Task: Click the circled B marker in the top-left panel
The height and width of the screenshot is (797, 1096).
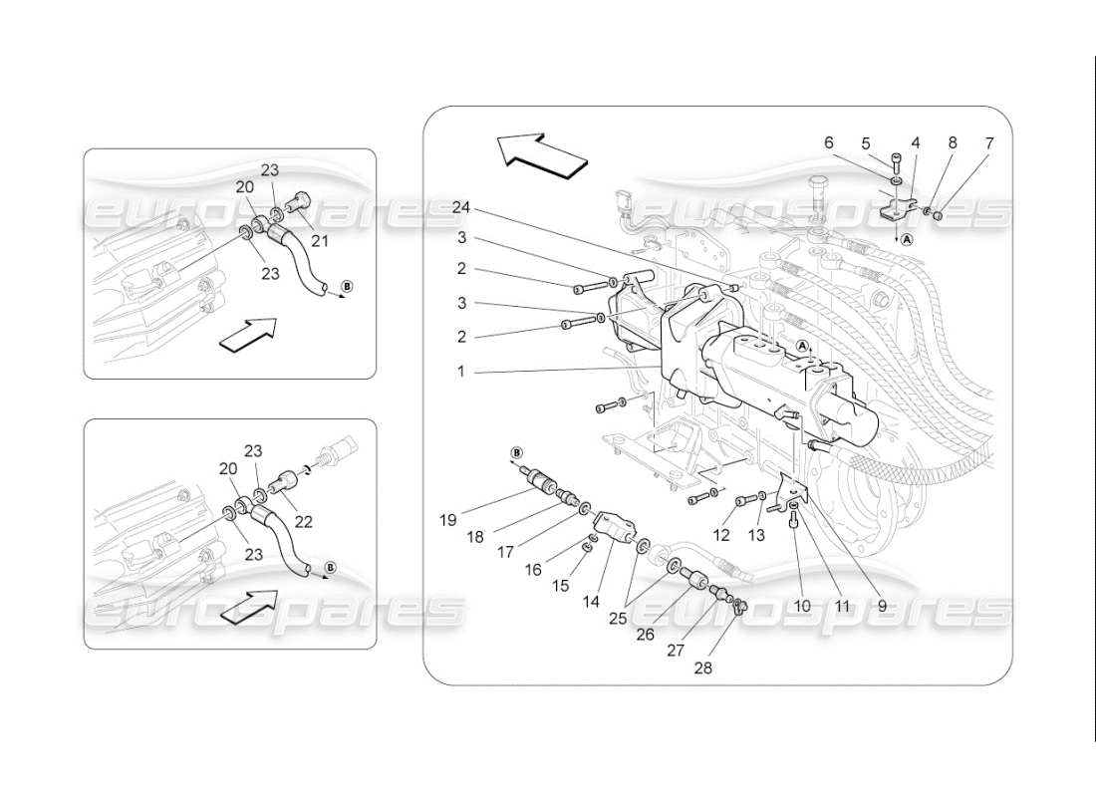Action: [x=346, y=287]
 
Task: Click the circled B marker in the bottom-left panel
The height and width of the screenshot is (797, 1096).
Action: [x=330, y=568]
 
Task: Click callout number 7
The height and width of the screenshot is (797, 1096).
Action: [x=988, y=143]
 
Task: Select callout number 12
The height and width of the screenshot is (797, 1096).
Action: [x=721, y=535]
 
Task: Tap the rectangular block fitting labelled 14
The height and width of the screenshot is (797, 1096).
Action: [x=612, y=525]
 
